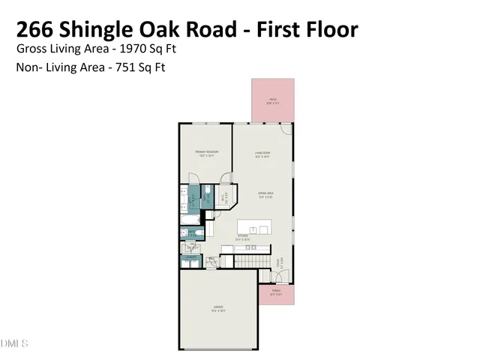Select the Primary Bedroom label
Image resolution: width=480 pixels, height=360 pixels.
tap(206, 153)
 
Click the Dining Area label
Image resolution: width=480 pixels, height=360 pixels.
tap(265, 193)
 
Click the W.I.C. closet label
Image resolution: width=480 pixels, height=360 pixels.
tap(223, 200)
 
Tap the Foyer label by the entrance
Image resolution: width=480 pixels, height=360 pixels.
tap(279, 263)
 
